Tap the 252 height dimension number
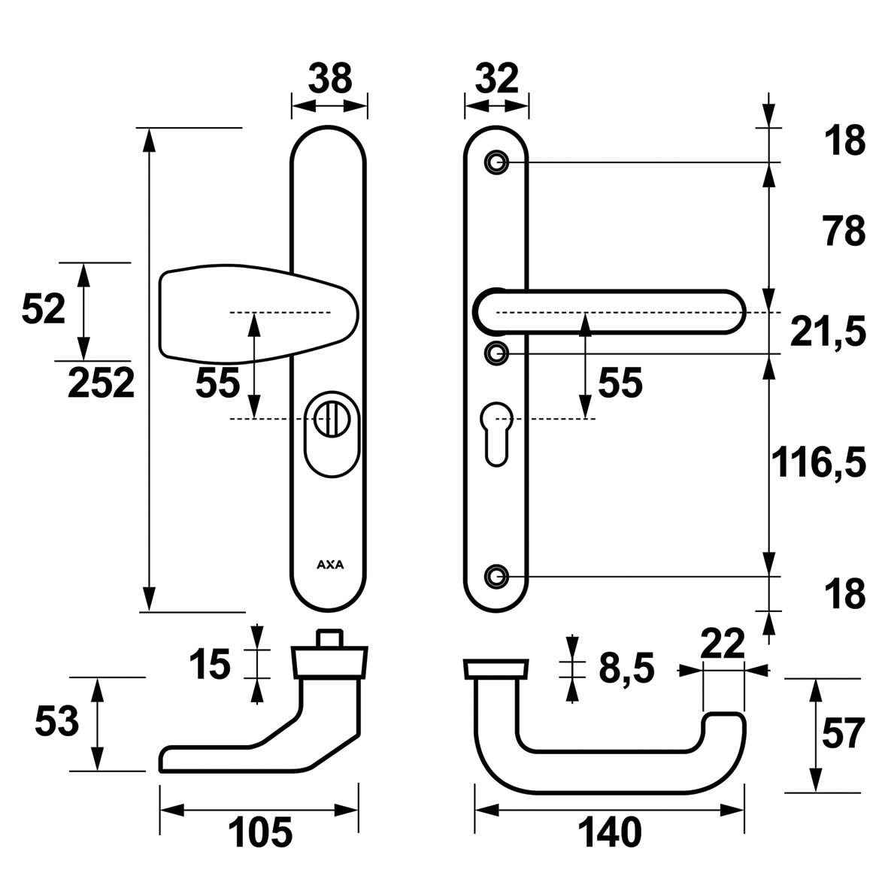(x=102, y=384)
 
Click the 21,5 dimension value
(x=828, y=332)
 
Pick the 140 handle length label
(x=610, y=832)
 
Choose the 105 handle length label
(x=260, y=832)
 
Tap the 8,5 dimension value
(x=627, y=667)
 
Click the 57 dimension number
(x=844, y=734)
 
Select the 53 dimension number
(x=57, y=723)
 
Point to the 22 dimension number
(x=722, y=644)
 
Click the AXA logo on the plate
(x=329, y=565)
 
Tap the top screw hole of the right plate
(x=496, y=162)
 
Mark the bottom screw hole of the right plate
(x=496, y=576)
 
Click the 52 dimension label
(x=44, y=309)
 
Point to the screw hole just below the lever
(x=496, y=353)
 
